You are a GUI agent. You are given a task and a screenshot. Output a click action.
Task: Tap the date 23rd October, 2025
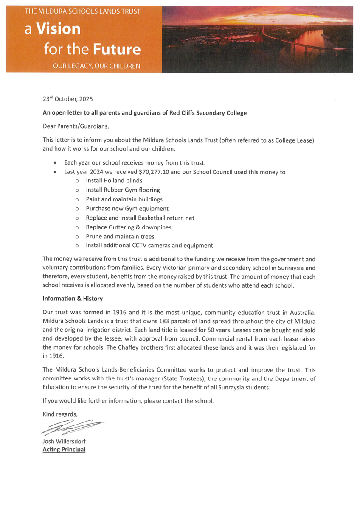click(67, 98)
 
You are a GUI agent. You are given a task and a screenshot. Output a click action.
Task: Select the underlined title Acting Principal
click(64, 450)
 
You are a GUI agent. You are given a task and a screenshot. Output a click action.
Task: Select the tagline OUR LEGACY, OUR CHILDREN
click(96, 67)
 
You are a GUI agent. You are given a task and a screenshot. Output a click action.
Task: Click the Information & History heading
click(73, 299)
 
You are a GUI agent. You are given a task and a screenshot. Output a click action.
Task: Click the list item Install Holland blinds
click(114, 181)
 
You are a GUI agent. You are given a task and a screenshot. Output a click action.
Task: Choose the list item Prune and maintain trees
click(120, 236)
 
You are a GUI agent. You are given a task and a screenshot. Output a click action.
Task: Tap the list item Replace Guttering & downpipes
click(128, 227)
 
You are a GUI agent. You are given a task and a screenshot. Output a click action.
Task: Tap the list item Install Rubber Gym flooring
click(123, 190)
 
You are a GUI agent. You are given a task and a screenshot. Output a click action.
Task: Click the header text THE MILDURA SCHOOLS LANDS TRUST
click(82, 11)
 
